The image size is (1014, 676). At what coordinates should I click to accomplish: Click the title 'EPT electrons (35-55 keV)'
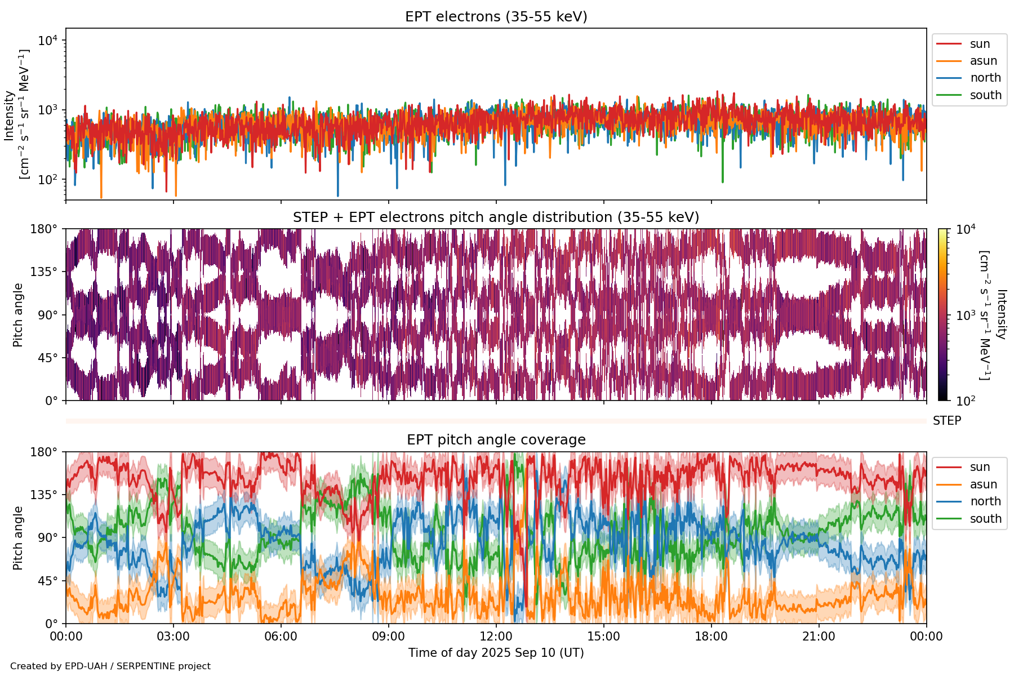coord(496,17)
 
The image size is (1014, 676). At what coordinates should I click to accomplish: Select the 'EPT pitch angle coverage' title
coord(496,440)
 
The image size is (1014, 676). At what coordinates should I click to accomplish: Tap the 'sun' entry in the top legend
coord(980,44)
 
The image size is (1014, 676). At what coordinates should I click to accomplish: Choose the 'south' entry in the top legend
coord(985,95)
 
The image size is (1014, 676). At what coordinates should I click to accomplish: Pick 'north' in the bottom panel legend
coord(985,501)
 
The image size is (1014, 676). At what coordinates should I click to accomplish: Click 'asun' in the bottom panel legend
coord(983,484)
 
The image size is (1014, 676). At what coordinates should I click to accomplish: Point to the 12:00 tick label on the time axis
coord(496,637)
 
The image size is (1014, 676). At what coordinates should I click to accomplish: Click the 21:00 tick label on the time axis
coord(819,637)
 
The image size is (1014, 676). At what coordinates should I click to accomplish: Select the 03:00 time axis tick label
coord(173,637)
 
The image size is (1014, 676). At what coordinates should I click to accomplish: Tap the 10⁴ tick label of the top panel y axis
coord(48,41)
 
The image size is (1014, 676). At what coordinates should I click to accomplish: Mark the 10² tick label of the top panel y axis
coord(48,180)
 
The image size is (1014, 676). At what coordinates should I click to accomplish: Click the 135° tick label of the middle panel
coord(45,272)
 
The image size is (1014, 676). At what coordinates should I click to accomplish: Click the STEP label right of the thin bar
coord(946,421)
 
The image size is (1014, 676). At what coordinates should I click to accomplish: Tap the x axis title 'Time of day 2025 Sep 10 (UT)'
coord(496,653)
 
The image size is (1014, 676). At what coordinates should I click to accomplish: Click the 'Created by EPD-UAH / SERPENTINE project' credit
coord(110,666)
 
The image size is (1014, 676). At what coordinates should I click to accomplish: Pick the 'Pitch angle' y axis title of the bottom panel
coord(18,538)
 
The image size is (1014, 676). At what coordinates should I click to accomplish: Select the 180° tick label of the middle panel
coord(45,229)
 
